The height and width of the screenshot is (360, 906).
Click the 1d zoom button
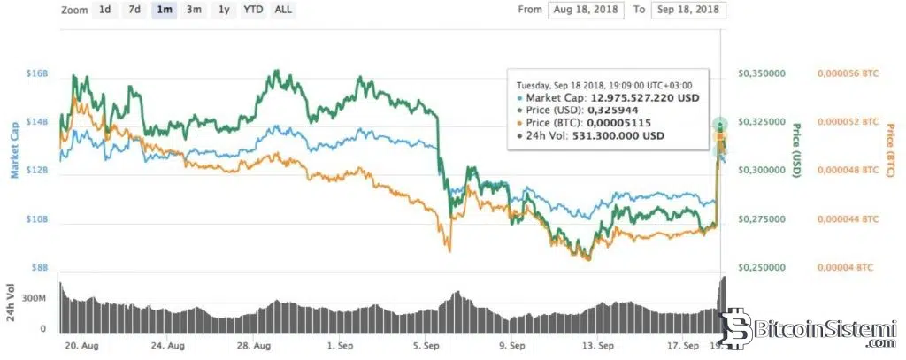tap(104, 10)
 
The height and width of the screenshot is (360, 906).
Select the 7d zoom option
tap(134, 10)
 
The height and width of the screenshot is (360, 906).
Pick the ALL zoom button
tap(283, 10)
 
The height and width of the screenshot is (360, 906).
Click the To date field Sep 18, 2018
tap(688, 11)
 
